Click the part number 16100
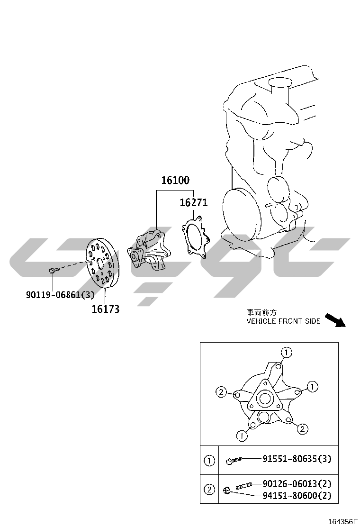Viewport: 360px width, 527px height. pyautogui.click(x=175, y=180)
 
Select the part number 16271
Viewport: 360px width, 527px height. pyautogui.click(x=193, y=203)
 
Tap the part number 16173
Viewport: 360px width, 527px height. pyautogui.click(x=106, y=309)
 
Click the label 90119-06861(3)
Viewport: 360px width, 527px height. pyautogui.click(x=61, y=295)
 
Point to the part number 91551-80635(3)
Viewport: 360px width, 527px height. pyautogui.click(x=297, y=458)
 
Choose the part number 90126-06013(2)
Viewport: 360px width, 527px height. pyautogui.click(x=297, y=484)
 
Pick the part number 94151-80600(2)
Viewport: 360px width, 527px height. pyautogui.click(x=297, y=495)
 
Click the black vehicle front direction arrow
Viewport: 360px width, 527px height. pyautogui.click(x=335, y=319)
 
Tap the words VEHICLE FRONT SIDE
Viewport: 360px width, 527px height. pyautogui.click(x=283, y=321)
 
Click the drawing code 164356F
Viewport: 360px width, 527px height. pyautogui.click(x=342, y=522)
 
